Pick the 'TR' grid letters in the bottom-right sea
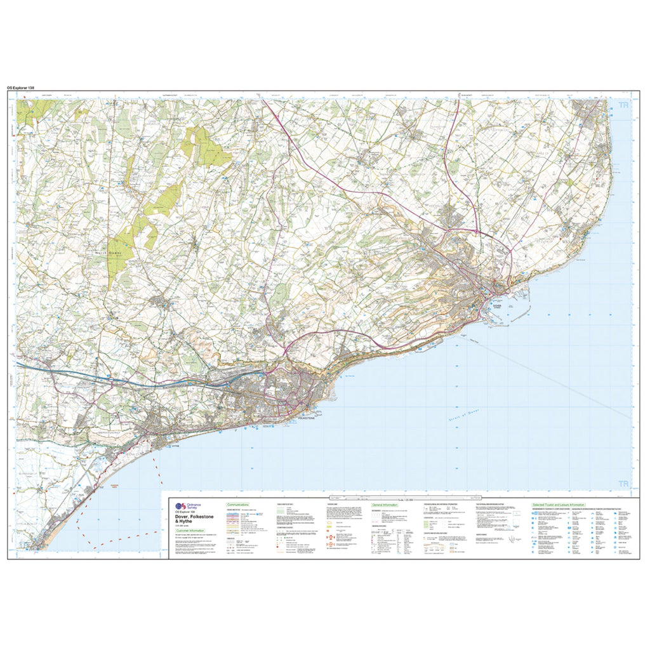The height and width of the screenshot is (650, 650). [624, 484]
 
